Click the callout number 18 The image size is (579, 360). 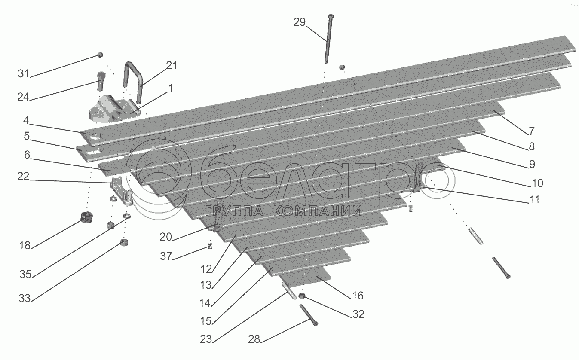(25, 245)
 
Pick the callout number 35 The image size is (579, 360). (26, 274)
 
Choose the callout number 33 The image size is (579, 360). (25, 298)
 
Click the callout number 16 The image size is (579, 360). (358, 296)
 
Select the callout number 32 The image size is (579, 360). (358, 314)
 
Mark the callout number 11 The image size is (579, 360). (534, 200)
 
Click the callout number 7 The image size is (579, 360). (531, 130)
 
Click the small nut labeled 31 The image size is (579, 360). (100, 55)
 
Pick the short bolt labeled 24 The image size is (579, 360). (100, 82)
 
